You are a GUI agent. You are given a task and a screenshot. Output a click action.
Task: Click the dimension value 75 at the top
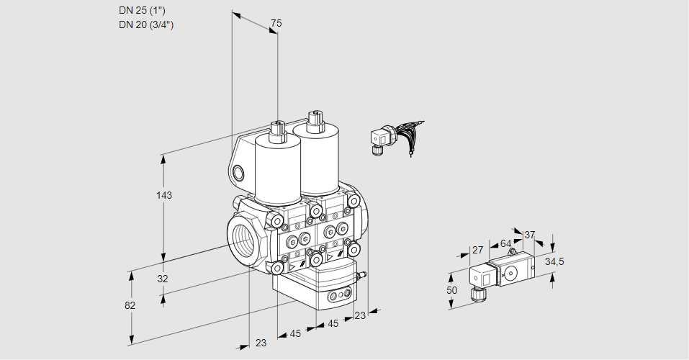[x=275, y=24]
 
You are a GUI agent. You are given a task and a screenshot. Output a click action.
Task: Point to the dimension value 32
[x=163, y=279]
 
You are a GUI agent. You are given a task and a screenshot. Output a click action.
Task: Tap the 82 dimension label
[x=130, y=305]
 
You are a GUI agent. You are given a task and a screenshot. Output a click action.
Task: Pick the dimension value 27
[x=477, y=250]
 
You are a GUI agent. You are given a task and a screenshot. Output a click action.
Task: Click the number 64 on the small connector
[x=505, y=243]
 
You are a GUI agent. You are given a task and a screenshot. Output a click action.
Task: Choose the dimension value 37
[x=530, y=235]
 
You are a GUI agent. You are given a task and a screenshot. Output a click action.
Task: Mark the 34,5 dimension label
[x=554, y=261]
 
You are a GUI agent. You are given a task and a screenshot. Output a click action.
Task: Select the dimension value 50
[x=451, y=289]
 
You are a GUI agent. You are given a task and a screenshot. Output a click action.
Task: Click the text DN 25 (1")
[x=146, y=11]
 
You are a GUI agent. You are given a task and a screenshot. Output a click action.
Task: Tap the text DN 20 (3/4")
[x=147, y=24]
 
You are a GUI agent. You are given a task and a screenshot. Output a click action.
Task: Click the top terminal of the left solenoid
[x=276, y=130]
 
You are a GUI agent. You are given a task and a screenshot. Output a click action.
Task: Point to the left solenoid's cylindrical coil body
[x=277, y=170]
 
